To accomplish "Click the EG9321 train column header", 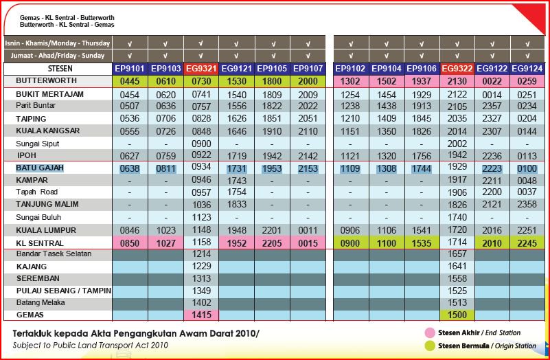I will (201, 69).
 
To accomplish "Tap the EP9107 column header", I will (308, 69).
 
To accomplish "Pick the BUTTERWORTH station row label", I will (46, 81).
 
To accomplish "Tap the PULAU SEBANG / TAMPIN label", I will (64, 291).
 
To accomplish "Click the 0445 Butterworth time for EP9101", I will (130, 81).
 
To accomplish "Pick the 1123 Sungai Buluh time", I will (201, 217).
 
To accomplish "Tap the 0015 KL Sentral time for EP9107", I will (308, 243).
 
